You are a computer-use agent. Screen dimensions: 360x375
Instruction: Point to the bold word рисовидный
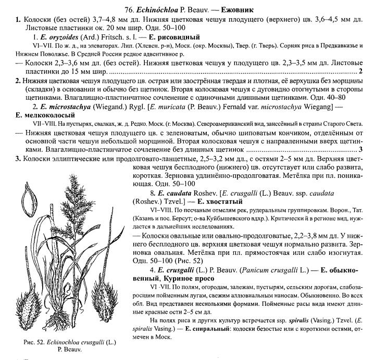(x=178, y=37)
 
